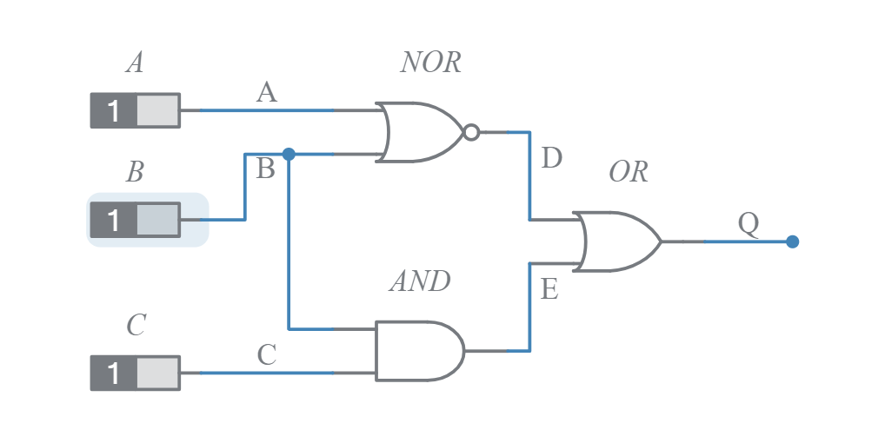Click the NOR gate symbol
(x=422, y=133)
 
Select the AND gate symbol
(x=417, y=351)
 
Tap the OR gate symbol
(x=617, y=241)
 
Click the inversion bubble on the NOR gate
(x=471, y=133)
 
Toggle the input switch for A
(x=136, y=111)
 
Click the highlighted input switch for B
(x=136, y=220)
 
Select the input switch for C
(x=136, y=373)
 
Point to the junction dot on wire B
(x=289, y=154)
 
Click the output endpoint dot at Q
(x=792, y=241)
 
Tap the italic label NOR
(x=430, y=63)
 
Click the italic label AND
(x=419, y=281)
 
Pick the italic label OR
(x=628, y=172)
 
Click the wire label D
(x=551, y=159)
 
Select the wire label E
(x=549, y=289)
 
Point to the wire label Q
(x=749, y=224)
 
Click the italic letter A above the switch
(x=135, y=63)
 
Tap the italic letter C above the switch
(x=136, y=326)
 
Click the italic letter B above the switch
(x=135, y=172)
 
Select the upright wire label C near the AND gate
(x=267, y=354)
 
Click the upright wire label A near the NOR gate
(x=267, y=92)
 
